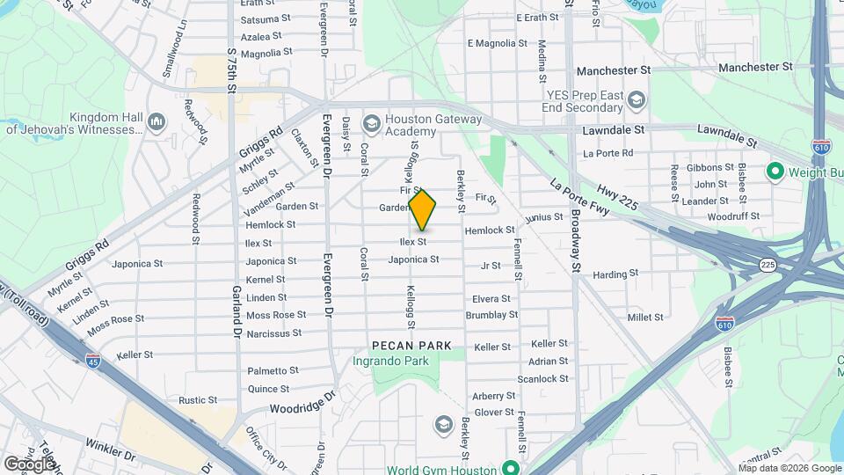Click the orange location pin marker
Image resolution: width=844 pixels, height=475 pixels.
(423, 209)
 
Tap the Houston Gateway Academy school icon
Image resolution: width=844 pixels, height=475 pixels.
(371, 124)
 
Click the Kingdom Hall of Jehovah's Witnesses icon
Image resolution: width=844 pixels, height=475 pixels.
(157, 121)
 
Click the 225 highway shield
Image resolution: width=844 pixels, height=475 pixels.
(768, 264)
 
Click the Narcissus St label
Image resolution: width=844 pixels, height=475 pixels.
(274, 333)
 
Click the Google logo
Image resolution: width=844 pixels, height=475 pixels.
(30, 464)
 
